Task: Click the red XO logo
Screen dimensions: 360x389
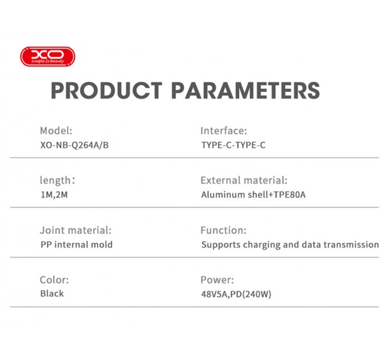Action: [47, 57]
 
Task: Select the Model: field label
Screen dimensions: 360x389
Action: [56, 131]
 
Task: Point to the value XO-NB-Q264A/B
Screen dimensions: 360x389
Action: [74, 145]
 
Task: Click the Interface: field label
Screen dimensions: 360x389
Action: [224, 131]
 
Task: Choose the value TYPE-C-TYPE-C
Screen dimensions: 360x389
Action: [233, 145]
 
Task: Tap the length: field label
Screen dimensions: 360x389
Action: [57, 181]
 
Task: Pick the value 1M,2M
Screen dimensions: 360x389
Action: [54, 195]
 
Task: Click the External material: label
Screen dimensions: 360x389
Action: [244, 181]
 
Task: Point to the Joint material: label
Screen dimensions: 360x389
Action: [76, 230]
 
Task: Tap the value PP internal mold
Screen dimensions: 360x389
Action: [76, 245]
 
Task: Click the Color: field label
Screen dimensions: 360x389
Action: [54, 280]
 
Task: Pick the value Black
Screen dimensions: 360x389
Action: [52, 294]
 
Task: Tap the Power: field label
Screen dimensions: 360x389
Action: [217, 280]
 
